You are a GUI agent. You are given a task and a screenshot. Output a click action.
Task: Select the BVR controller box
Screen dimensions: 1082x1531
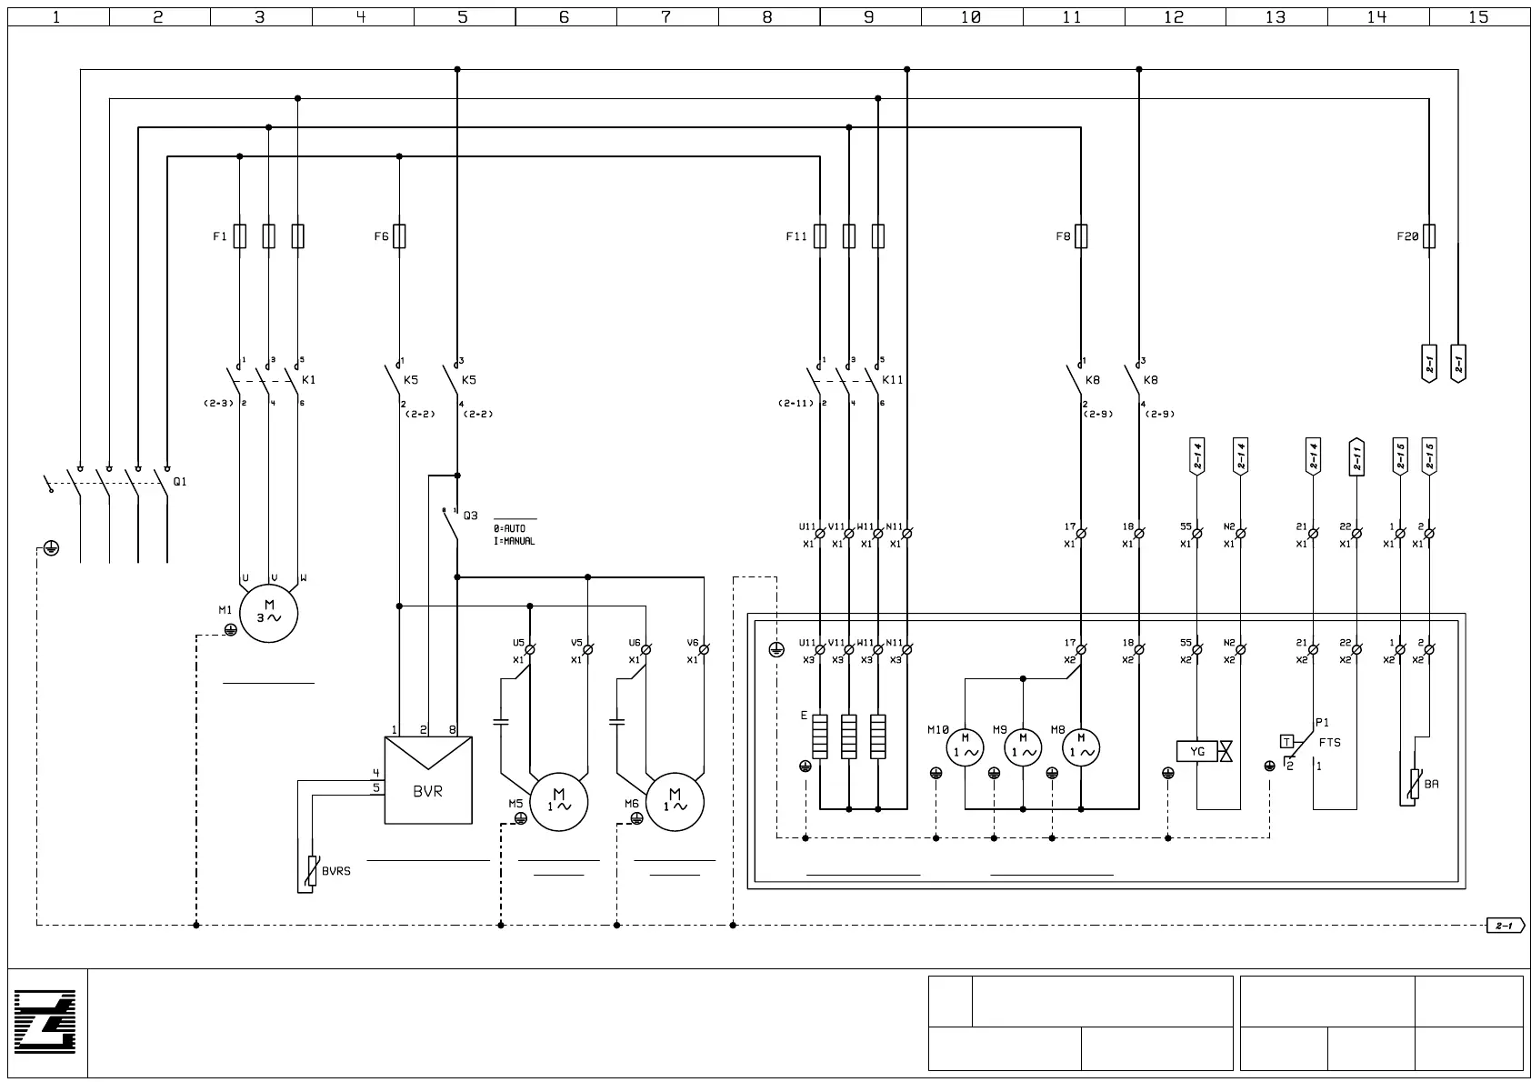(x=427, y=780)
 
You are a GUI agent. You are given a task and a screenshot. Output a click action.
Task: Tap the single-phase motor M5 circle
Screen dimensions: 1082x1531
(x=559, y=802)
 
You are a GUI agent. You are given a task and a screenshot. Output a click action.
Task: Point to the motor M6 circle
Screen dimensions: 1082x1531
(x=675, y=802)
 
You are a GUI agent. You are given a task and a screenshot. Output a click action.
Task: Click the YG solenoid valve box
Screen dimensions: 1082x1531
(x=1196, y=751)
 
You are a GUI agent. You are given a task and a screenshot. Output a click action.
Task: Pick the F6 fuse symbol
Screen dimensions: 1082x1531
(x=399, y=236)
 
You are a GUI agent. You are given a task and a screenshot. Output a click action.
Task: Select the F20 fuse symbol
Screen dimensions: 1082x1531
(x=1429, y=236)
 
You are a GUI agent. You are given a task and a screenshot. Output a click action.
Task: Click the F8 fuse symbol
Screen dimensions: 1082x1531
(x=1081, y=236)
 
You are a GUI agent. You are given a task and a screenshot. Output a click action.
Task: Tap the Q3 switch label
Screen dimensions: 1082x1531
(x=470, y=516)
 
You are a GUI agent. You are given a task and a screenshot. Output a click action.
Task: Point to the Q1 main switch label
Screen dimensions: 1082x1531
(x=180, y=481)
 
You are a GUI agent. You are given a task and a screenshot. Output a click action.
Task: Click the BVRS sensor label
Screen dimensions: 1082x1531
(x=335, y=871)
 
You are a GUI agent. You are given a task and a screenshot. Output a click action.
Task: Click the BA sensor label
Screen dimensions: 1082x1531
(x=1432, y=784)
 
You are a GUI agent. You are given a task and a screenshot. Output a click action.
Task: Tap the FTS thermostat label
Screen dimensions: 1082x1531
(x=1329, y=742)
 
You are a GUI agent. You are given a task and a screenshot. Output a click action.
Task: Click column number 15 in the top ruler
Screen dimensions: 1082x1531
(x=1478, y=16)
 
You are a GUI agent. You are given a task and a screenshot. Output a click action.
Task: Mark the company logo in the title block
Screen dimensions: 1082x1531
(x=45, y=1023)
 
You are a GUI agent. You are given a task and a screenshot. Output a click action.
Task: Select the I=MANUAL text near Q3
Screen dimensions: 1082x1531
(x=514, y=541)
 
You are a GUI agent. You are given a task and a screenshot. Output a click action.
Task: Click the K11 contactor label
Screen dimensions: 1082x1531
(x=893, y=380)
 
